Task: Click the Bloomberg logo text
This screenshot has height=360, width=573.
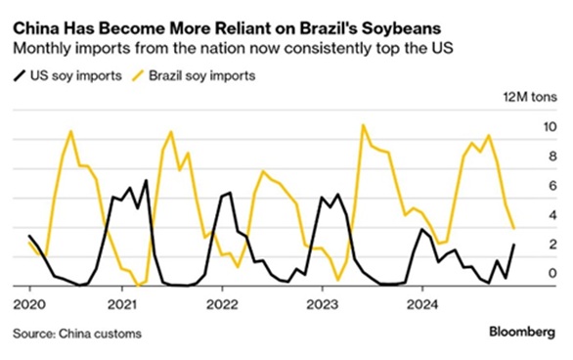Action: click(524, 334)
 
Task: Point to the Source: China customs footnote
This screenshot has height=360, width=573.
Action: click(78, 334)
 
